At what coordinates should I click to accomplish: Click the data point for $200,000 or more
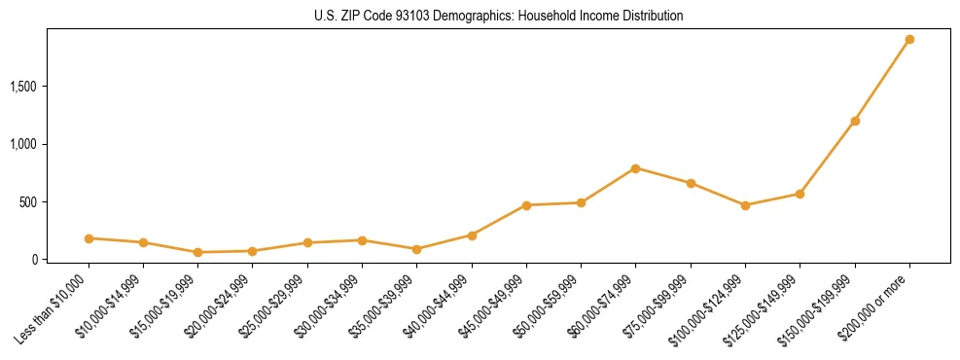click(x=909, y=40)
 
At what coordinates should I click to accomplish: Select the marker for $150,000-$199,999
click(x=855, y=122)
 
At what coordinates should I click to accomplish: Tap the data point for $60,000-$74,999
click(x=635, y=168)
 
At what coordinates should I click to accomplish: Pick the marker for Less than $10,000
click(x=89, y=238)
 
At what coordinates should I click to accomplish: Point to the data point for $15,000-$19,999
click(x=198, y=252)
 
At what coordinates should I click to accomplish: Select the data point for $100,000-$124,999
click(x=745, y=205)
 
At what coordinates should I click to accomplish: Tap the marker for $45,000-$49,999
click(x=526, y=205)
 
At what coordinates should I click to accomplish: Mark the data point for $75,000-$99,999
click(x=691, y=183)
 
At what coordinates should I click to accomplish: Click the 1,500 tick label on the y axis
click(x=22, y=87)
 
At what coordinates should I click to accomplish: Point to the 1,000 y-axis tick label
click(x=22, y=144)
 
